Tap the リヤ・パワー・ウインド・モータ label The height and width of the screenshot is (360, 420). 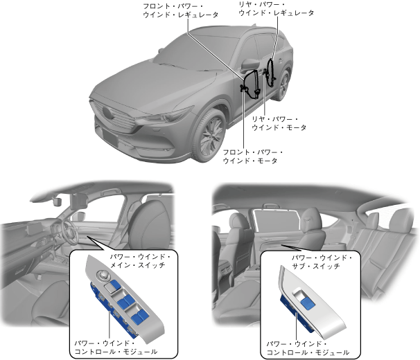pyautogui.click(x=279, y=123)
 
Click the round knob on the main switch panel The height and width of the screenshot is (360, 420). pyautogui.click(x=105, y=278)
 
